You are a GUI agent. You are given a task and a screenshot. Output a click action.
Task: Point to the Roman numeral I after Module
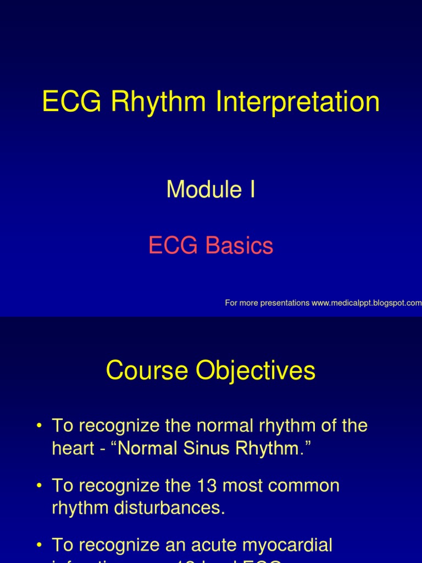coord(252,190)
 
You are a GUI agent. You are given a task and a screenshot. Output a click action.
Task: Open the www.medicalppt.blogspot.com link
coord(367,303)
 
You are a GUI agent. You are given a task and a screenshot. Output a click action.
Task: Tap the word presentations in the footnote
coord(282,303)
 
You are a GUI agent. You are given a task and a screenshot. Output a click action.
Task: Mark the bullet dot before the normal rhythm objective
coord(39,427)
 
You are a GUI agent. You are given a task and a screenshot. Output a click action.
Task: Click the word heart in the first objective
coord(70,449)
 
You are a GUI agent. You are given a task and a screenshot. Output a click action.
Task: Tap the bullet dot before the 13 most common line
coord(39,487)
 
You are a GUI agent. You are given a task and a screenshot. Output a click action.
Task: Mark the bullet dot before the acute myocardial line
coord(39,546)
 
